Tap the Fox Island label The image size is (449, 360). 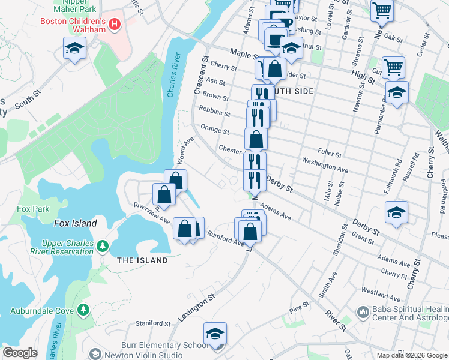75,223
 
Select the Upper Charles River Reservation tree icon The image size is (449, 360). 103,246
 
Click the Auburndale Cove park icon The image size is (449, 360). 83,310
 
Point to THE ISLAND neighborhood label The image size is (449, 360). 142,260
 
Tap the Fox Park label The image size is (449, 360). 33,209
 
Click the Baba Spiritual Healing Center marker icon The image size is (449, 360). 362,312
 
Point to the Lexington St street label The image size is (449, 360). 197,308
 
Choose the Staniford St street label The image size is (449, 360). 153,323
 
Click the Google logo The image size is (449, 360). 20,353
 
